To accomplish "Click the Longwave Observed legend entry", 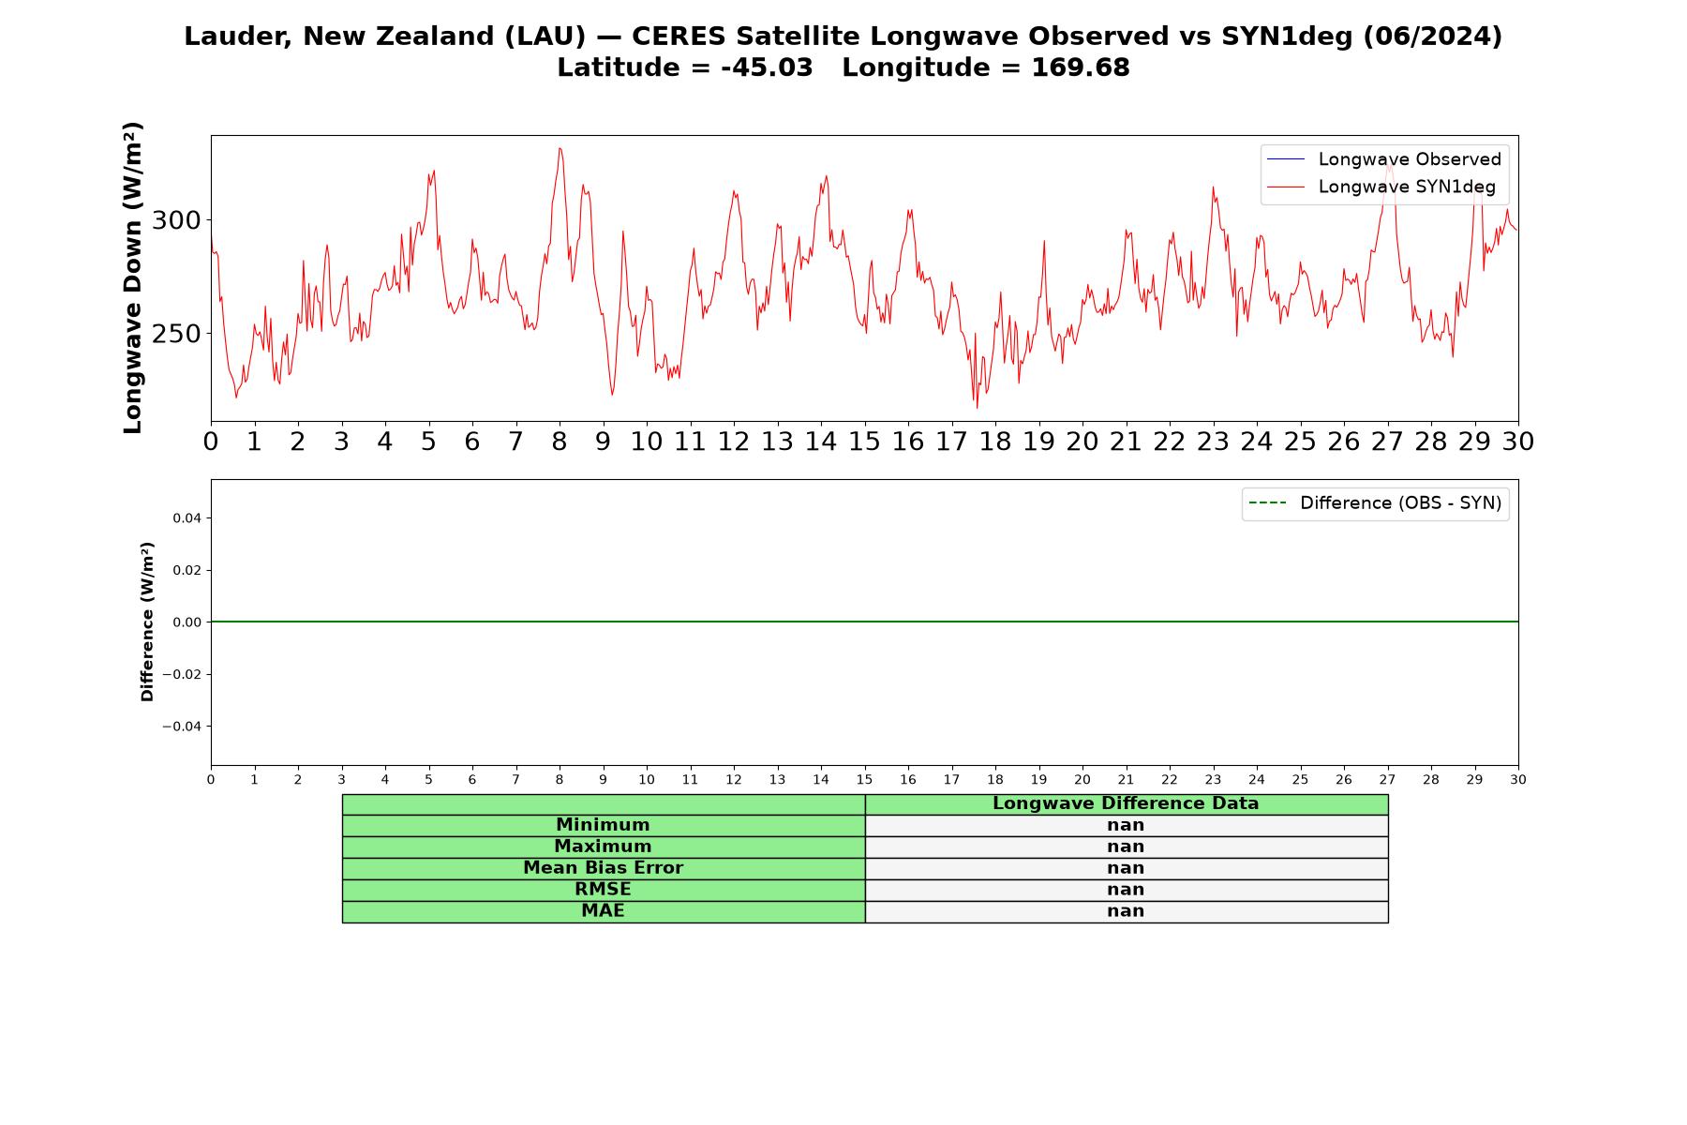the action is pos(1383,159).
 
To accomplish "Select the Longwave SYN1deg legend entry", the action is pos(1381,187).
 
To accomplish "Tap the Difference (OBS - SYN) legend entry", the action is pos(1375,503).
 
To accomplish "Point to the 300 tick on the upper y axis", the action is pos(176,220).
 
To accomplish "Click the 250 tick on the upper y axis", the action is pos(176,334).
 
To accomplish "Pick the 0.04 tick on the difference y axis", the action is pos(186,517).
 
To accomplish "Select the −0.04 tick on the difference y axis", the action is pos(182,727).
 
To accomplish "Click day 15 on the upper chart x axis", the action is pos(864,442).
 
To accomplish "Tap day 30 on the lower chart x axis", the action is pos(1518,780).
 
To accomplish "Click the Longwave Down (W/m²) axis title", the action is pos(132,277).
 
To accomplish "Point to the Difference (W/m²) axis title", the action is pos(147,622).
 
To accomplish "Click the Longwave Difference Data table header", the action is pos(1126,803).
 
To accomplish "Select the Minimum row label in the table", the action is pos(603,825).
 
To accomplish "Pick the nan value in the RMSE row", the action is pos(1126,890).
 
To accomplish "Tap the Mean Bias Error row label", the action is pos(603,868).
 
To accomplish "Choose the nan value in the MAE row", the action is pos(1126,911).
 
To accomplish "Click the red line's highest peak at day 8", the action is pos(560,148).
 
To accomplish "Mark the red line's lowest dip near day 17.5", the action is pos(977,407).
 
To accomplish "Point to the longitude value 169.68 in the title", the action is pos(1081,67).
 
